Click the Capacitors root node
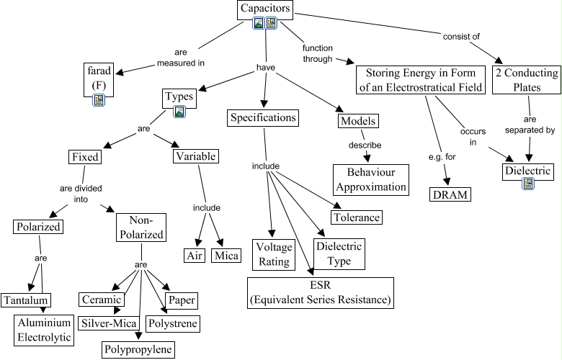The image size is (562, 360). pyautogui.click(x=266, y=9)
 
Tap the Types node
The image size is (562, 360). pyautogui.click(x=179, y=96)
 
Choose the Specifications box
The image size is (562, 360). pyautogui.click(x=262, y=117)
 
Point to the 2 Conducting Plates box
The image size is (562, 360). pyautogui.click(x=527, y=80)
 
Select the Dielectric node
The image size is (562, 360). pyautogui.click(x=528, y=171)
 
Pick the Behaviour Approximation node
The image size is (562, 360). pyautogui.click(x=370, y=179)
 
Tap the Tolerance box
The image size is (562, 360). pyautogui.click(x=355, y=216)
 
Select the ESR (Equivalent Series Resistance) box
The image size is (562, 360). pyautogui.click(x=321, y=292)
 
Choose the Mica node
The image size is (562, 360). pyautogui.click(x=226, y=255)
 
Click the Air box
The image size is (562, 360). pyautogui.click(x=195, y=255)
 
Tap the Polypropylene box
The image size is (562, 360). pyautogui.click(x=138, y=349)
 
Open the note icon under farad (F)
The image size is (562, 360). pyautogui.click(x=99, y=100)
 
